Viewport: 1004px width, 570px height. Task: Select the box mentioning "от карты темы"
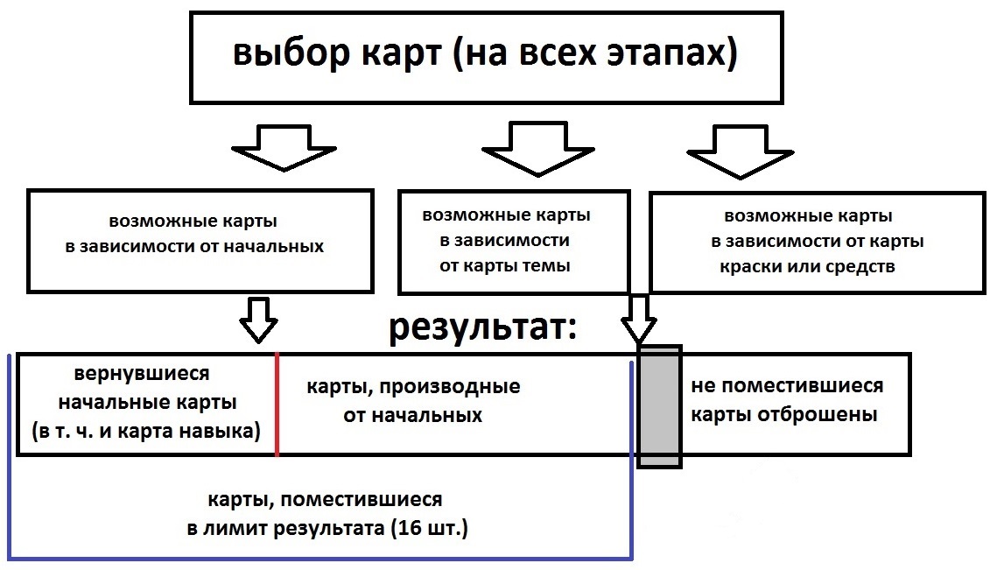tap(513, 241)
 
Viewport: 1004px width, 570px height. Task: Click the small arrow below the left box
tap(260, 319)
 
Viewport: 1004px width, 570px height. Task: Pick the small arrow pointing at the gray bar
tap(640, 319)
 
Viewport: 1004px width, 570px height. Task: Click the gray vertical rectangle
tap(658, 406)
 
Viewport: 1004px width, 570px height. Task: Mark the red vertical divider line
tap(277, 405)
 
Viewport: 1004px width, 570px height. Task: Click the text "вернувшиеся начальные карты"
tap(146, 388)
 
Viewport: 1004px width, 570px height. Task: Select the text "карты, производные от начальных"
tap(413, 400)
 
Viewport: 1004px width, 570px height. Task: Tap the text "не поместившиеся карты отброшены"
tap(786, 400)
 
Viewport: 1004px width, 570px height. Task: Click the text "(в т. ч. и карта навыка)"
tap(146, 432)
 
